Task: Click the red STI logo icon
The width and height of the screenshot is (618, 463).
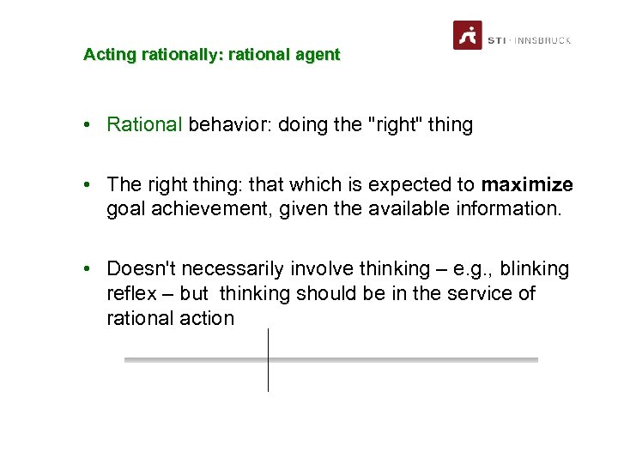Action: pos(467,35)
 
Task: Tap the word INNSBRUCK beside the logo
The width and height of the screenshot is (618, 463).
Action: pos(542,40)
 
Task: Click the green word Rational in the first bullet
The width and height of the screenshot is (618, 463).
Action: pos(144,124)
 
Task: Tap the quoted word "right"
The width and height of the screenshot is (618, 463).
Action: pos(394,124)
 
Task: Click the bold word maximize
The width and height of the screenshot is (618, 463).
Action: pos(527,184)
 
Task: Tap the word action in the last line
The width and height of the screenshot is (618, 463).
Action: pos(206,318)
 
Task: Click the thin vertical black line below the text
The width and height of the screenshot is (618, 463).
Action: pos(268,360)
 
